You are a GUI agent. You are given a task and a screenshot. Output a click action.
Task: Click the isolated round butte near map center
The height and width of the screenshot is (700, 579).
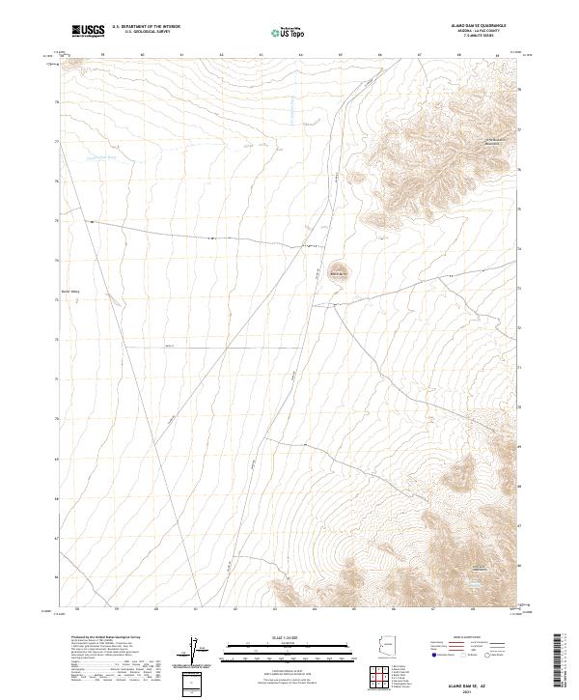pyautogui.click(x=338, y=271)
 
